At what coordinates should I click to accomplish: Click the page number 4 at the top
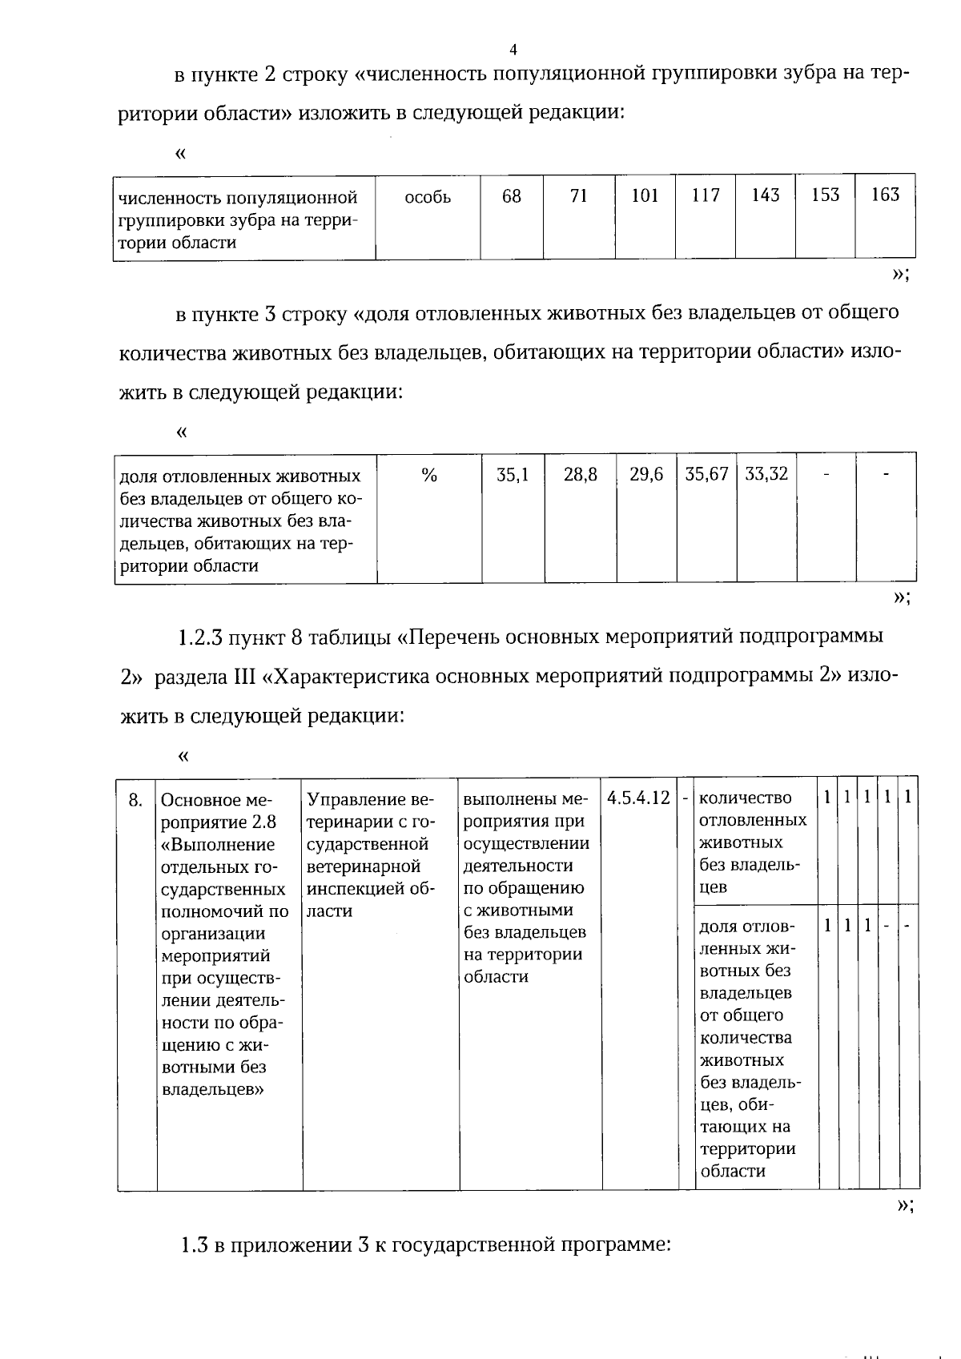coord(513,50)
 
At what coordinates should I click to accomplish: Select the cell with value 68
coord(511,195)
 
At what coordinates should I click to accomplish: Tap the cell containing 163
coord(885,195)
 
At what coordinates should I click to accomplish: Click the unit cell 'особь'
coord(428,197)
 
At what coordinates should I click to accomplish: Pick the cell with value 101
coord(645,195)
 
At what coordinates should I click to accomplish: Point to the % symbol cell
coord(429,476)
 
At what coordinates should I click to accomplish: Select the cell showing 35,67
coord(706,474)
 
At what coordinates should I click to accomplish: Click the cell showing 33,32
coord(766,474)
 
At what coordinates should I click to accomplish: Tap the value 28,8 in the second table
coord(580,474)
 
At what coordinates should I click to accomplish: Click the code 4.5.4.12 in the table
coord(638,798)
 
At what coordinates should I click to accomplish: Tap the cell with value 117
coord(706,195)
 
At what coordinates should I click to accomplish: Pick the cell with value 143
coord(765,195)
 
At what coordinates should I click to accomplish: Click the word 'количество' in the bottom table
coord(745,798)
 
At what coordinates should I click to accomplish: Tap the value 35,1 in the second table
coord(513,474)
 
